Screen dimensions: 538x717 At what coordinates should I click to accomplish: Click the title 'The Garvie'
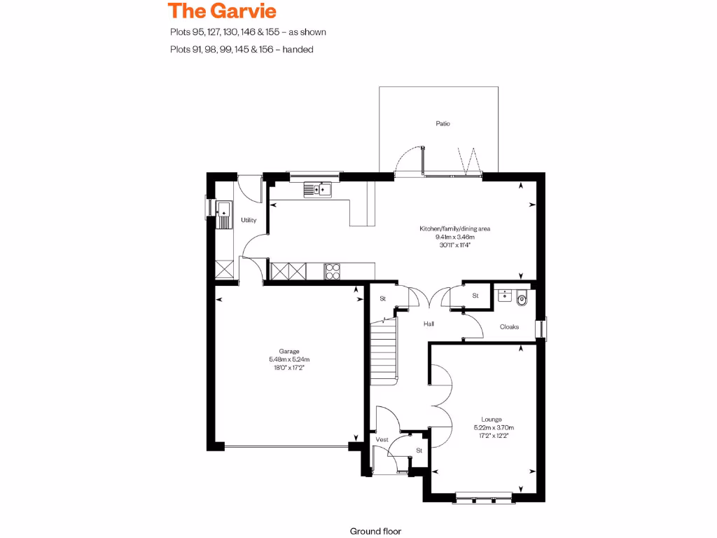(223, 11)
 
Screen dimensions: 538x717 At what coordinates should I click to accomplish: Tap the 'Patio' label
(443, 123)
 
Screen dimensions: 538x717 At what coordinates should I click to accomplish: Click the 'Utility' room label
(249, 220)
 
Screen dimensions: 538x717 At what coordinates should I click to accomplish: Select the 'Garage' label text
(289, 351)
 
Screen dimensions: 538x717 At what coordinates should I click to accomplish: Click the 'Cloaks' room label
(509, 327)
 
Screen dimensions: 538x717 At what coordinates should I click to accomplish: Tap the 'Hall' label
(429, 324)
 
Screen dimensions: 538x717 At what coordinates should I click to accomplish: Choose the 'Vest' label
(382, 439)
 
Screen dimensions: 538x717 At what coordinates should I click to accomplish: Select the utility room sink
(223, 210)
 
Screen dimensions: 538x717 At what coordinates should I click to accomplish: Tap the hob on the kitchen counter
(332, 270)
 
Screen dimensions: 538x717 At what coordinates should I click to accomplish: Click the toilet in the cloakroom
(522, 299)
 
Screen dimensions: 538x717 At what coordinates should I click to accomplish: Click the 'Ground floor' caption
(375, 532)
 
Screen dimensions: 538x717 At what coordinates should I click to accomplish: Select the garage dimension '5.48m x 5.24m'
(289, 359)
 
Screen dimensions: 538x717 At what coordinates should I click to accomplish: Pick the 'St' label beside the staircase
(383, 299)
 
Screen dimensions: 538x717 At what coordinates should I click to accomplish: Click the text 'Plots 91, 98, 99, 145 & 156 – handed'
(241, 49)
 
